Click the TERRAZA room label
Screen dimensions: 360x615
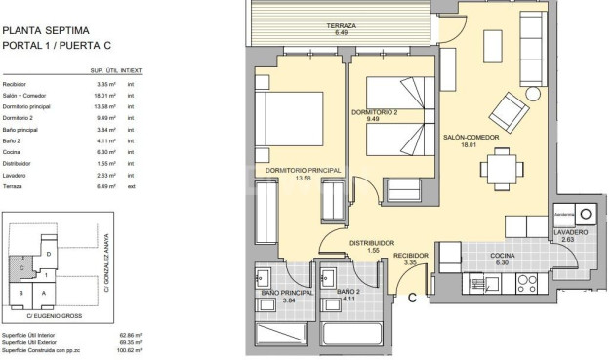coord(342,26)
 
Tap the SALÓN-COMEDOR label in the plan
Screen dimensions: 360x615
coord(471,138)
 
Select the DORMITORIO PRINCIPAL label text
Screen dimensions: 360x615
coord(303,172)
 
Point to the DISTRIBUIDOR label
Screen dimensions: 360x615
coord(371,243)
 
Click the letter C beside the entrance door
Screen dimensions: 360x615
coord(413,298)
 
